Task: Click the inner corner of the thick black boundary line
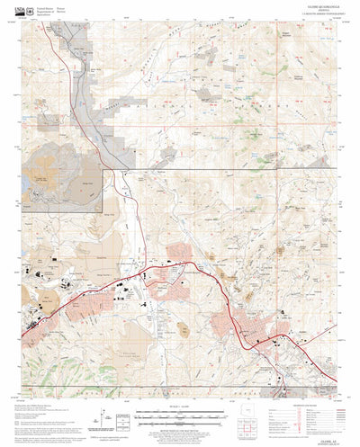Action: (x=110, y=167)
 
